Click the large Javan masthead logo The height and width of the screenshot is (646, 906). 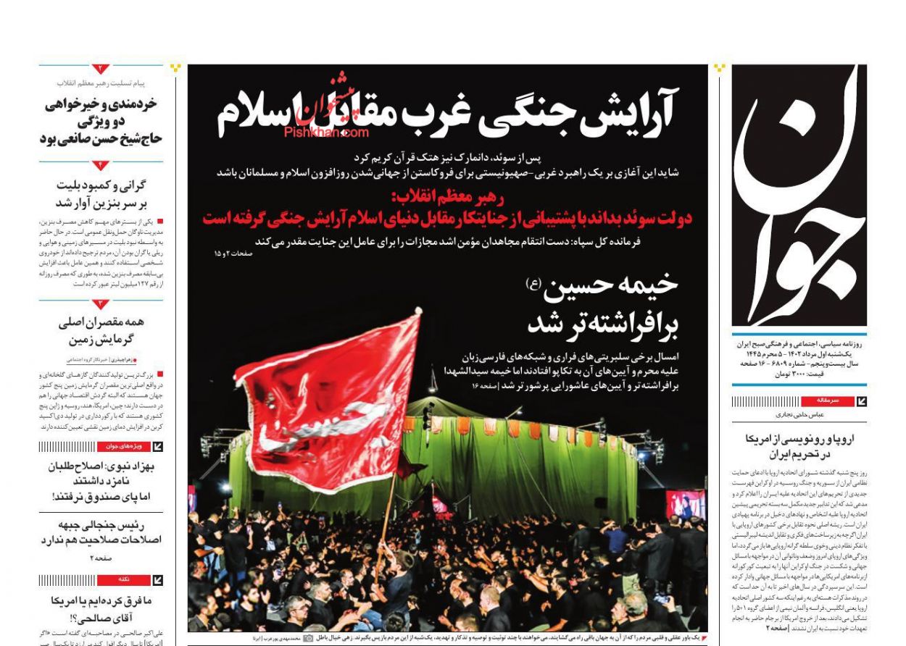pyautogui.click(x=799, y=196)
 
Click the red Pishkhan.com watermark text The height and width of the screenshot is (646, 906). pyautogui.click(x=326, y=133)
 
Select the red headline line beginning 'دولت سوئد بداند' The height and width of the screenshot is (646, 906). pyautogui.click(x=447, y=218)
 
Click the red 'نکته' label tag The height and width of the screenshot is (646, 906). pyautogui.click(x=125, y=580)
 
